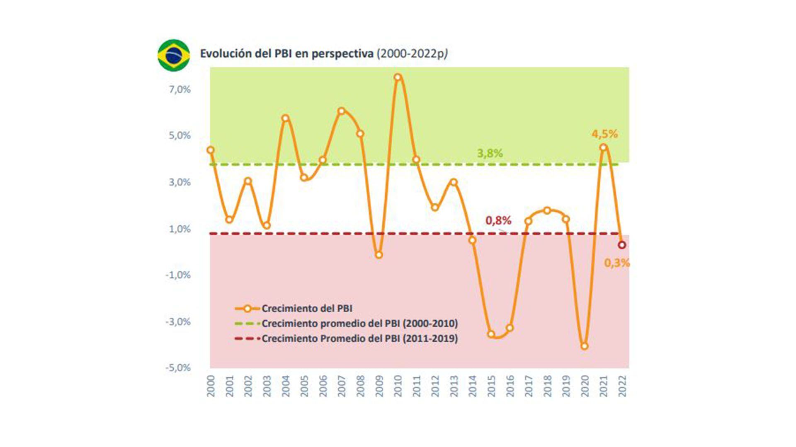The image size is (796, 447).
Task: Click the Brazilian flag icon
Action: (x=174, y=55)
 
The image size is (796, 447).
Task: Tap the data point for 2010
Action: (x=398, y=77)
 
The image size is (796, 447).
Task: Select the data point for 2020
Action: (x=585, y=346)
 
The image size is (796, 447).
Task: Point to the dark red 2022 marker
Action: (x=622, y=245)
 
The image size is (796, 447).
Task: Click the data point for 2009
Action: (x=379, y=255)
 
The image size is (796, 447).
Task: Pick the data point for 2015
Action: (x=491, y=334)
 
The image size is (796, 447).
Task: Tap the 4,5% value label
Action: (x=604, y=134)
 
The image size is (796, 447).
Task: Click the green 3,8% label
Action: (x=490, y=153)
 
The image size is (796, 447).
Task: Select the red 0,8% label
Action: (x=498, y=220)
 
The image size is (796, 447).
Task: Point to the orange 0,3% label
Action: (x=617, y=263)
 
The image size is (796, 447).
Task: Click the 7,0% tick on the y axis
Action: (x=180, y=89)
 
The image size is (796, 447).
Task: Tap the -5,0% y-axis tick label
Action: (x=178, y=368)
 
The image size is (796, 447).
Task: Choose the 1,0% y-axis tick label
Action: (x=180, y=229)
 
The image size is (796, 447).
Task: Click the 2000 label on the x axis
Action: (x=211, y=386)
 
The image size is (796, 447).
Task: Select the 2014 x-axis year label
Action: (x=473, y=386)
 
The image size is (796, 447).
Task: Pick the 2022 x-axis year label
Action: (x=622, y=386)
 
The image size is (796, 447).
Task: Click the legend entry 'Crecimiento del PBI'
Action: (x=307, y=308)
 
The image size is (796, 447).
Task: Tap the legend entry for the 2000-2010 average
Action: (x=359, y=323)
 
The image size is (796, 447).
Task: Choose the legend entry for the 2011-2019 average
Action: (x=359, y=338)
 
